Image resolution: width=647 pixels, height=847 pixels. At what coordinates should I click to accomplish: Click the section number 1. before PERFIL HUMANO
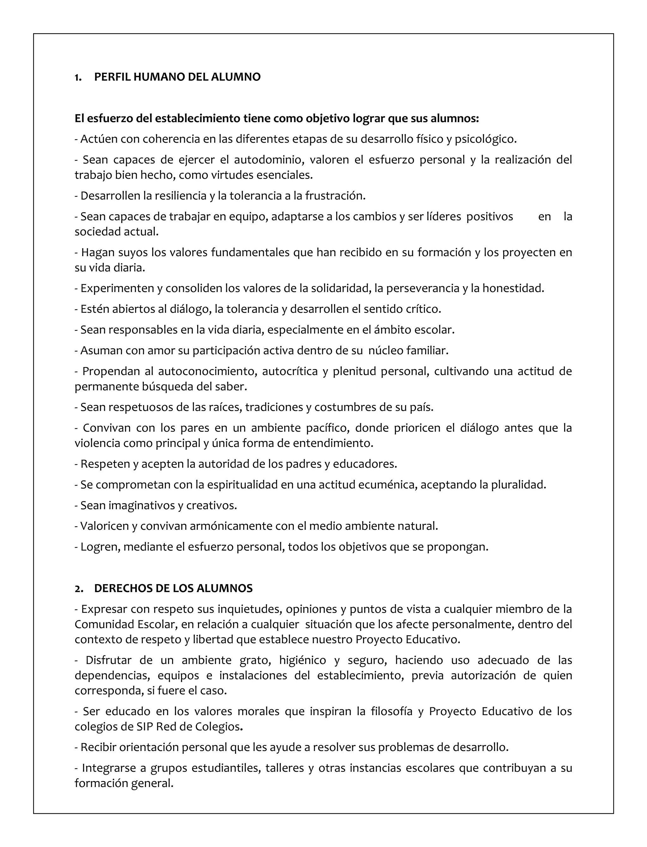pos(78,77)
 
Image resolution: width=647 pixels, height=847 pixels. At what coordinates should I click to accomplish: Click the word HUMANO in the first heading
pos(154,77)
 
